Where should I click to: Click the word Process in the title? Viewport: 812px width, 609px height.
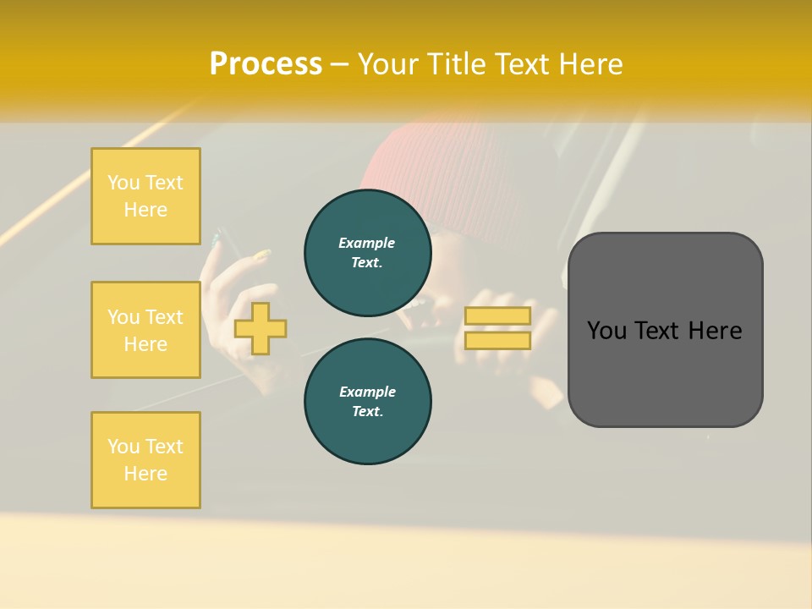tap(266, 64)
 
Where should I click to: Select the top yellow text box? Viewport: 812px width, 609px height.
tap(145, 196)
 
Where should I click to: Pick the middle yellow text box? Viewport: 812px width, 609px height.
tap(145, 330)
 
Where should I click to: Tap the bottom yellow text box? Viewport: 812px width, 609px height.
tap(145, 460)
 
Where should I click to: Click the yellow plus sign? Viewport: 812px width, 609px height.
tap(261, 328)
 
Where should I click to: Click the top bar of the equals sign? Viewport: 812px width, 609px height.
tap(497, 316)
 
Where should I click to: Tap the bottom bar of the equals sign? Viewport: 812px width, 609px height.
tap(497, 340)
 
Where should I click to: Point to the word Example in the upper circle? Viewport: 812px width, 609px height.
tap(367, 243)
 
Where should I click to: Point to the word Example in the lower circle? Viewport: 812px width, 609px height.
tap(367, 392)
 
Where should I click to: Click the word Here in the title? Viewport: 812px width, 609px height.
tap(590, 64)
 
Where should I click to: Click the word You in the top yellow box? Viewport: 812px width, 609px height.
tap(123, 183)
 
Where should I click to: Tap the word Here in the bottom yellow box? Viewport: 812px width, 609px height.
tap(145, 474)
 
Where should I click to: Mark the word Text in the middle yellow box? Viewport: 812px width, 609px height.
tap(164, 317)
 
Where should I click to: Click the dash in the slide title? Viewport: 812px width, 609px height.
tap(340, 64)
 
